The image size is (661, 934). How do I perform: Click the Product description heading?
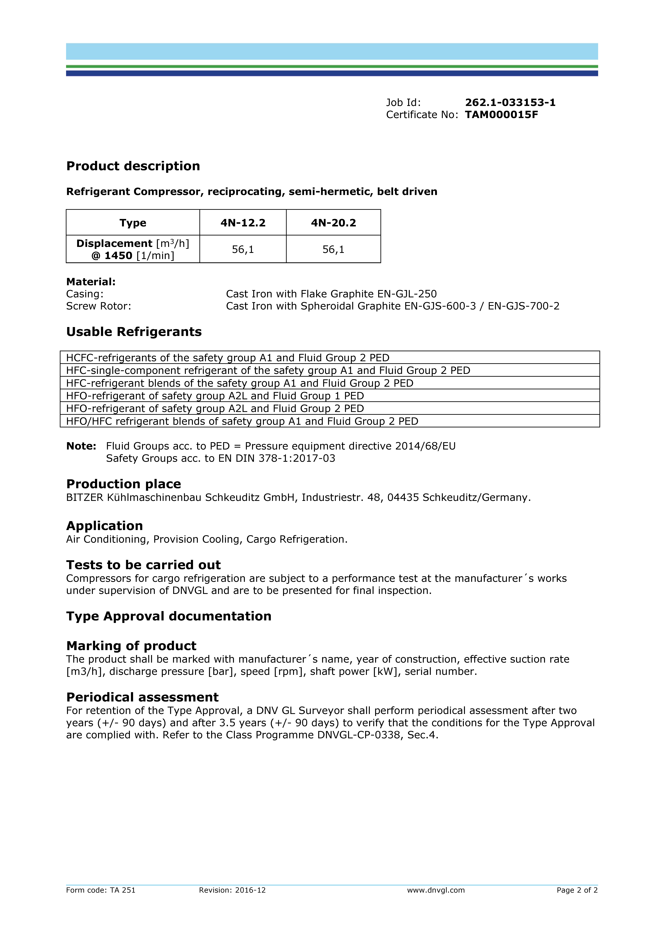coord(133,166)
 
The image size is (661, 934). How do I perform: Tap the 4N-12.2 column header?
coord(243,223)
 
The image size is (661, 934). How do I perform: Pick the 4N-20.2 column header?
coord(333,223)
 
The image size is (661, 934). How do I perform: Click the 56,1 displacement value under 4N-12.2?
coord(243,249)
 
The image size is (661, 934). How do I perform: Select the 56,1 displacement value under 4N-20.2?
coord(333,249)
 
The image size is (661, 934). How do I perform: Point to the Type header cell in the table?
coord(133,223)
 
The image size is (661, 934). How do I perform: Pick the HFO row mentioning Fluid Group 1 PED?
coord(215,396)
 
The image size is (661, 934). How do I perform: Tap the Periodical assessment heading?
coord(142,697)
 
